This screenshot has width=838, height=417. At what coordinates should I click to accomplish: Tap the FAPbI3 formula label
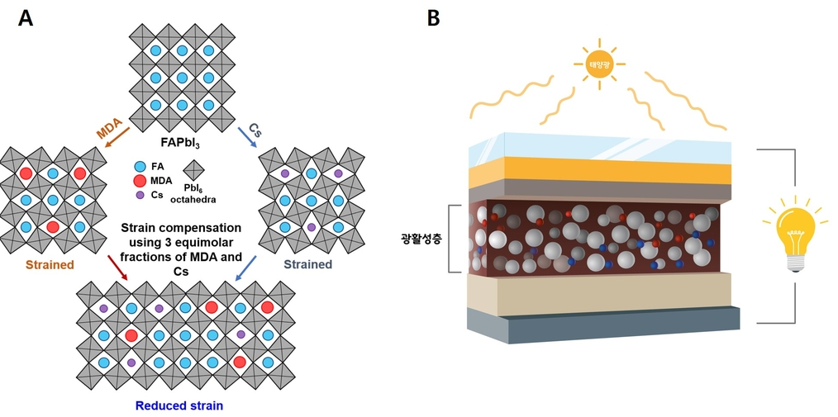181,144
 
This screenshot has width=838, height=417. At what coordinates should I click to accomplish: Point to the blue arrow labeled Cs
245,138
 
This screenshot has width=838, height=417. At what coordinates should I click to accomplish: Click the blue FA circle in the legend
140,167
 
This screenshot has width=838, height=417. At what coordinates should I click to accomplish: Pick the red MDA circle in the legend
140,181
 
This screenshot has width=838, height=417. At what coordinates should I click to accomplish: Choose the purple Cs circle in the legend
140,195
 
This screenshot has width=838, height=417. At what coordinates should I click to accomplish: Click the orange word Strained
49,264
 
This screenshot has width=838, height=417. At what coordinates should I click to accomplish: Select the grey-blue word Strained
307,264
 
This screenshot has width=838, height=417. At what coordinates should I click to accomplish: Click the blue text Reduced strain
179,405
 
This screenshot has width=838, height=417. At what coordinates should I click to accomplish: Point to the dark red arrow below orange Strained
117,268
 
